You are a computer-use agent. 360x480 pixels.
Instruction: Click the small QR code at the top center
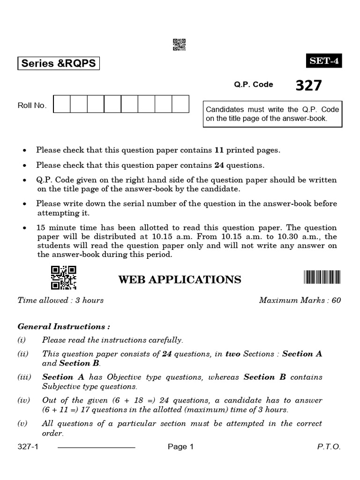[x=180, y=44]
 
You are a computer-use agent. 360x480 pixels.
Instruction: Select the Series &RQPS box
[x=59, y=63]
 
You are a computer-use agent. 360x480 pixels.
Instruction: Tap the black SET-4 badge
[x=324, y=61]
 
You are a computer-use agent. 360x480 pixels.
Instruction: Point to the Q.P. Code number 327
[x=309, y=85]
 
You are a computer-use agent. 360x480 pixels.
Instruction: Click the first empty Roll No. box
[x=62, y=104]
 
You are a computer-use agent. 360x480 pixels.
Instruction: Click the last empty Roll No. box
[x=180, y=104]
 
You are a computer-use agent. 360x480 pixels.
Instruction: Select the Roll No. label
[x=32, y=105]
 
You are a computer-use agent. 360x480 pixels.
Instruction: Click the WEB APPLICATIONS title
[x=180, y=280]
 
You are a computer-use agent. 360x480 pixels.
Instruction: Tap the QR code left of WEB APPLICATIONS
[x=63, y=277]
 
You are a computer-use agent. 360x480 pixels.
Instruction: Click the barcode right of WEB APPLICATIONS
[x=322, y=277]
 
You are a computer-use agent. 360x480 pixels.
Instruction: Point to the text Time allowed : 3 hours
[x=60, y=300]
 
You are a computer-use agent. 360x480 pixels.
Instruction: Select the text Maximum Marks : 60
[x=300, y=300]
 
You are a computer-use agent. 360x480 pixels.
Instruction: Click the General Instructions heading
[x=64, y=326]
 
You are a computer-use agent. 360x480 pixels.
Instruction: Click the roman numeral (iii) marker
[x=24, y=377]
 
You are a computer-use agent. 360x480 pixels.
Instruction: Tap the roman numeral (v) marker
[x=22, y=423]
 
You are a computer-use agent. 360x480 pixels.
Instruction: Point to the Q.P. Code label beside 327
[x=254, y=85]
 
